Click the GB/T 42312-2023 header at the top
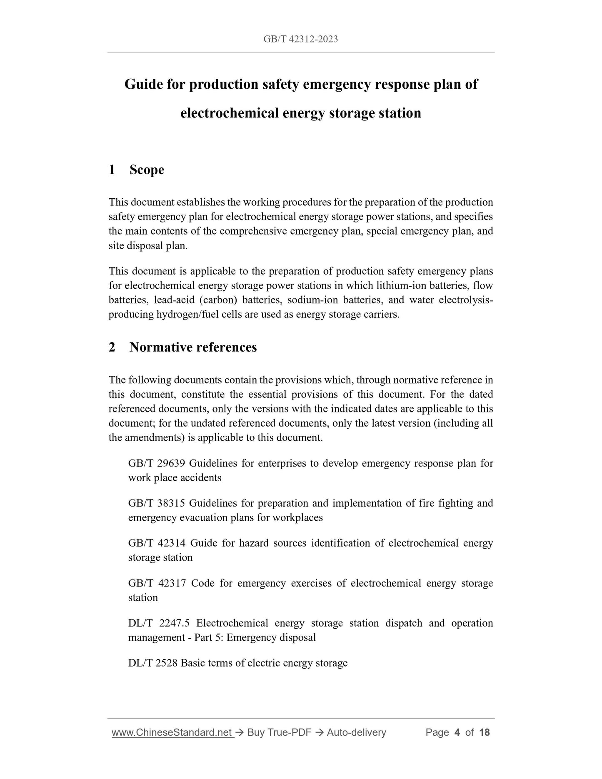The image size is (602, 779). pyautogui.click(x=300, y=39)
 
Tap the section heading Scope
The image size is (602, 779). pyautogui.click(x=147, y=170)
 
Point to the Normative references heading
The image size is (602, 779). pyautogui.click(x=193, y=347)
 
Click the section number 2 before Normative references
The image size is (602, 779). pyautogui.click(x=112, y=347)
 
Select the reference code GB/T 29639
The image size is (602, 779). pyautogui.click(x=157, y=464)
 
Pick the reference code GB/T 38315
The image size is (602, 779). pyautogui.click(x=157, y=503)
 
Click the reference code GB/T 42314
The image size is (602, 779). pyautogui.click(x=157, y=543)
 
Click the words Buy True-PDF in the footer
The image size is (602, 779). pyautogui.click(x=279, y=732)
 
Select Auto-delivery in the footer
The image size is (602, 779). pyautogui.click(x=356, y=732)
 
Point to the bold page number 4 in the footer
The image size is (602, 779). pyautogui.click(x=457, y=732)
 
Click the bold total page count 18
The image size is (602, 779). pyautogui.click(x=485, y=732)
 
